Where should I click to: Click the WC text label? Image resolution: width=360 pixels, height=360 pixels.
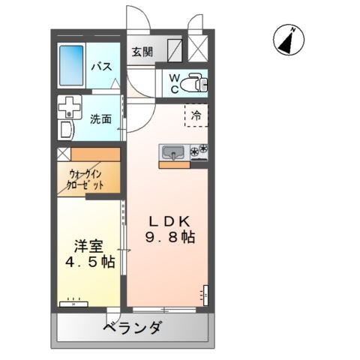(x=173, y=82)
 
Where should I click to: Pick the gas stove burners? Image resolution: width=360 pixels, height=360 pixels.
(x=199, y=152)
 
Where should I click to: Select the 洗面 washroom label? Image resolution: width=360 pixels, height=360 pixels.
(x=101, y=118)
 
